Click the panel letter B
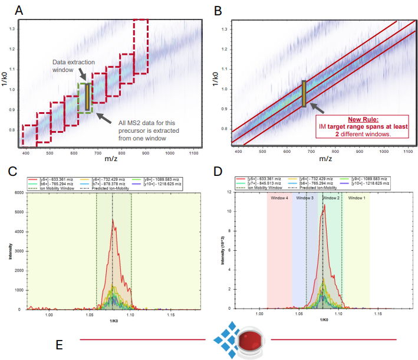coord(218,10)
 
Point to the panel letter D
coord(218,172)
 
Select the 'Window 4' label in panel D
coord(279,198)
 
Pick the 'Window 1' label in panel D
coord(357,198)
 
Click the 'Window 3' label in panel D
coord(305,198)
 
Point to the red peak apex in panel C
coord(113,219)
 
